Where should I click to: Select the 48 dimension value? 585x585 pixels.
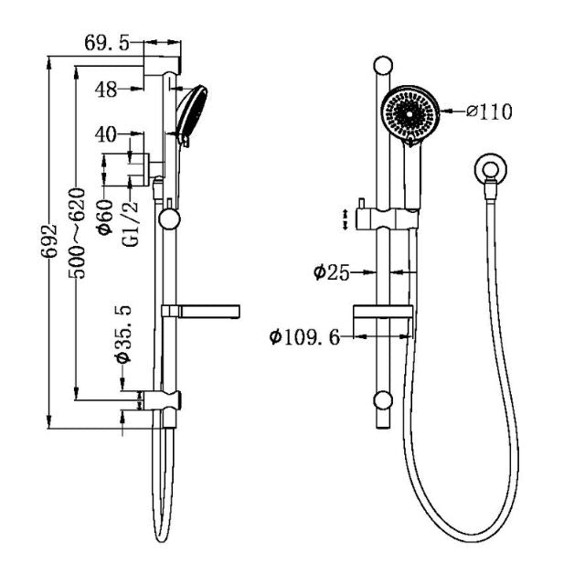coord(106,89)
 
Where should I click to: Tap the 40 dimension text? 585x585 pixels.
coord(106,134)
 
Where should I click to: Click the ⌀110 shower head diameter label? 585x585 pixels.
coord(489,112)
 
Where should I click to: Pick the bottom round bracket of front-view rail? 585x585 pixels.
coord(384,399)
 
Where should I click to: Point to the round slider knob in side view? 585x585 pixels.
coord(168,218)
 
